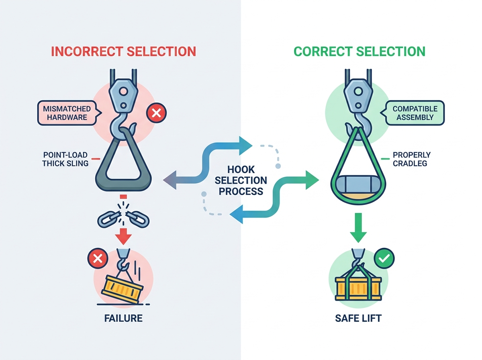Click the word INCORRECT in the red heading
click(87, 51)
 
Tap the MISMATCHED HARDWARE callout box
click(69, 113)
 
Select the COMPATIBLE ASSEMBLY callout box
click(413, 113)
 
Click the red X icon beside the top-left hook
click(156, 113)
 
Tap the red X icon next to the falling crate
click(98, 258)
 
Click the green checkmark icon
click(384, 258)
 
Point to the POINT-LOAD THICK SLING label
click(65, 159)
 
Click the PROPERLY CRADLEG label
click(412, 159)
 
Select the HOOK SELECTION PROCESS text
click(241, 180)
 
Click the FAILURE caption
click(123, 318)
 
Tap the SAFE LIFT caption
click(358, 318)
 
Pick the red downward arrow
click(123, 236)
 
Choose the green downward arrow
click(358, 227)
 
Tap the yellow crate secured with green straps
click(358, 288)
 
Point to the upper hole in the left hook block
click(123, 91)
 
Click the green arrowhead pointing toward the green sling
click(312, 180)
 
